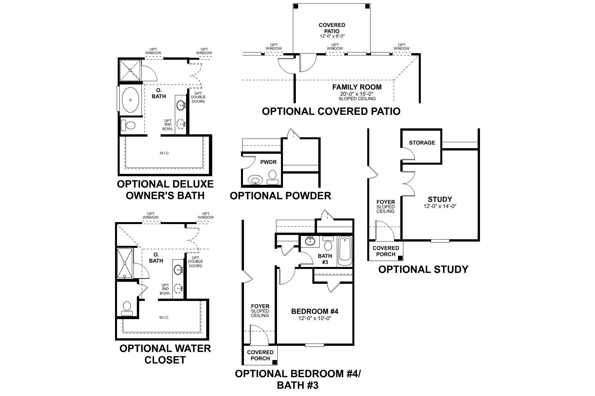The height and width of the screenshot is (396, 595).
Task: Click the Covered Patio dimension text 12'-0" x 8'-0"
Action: [332, 36]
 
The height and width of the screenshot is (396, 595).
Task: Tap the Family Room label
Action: [357, 87]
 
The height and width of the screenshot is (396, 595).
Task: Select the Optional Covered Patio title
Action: [331, 111]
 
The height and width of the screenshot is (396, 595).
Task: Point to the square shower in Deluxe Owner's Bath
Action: [130, 70]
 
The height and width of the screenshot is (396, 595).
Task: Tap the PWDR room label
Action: [268, 162]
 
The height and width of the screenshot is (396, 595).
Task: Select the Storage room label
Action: [422, 143]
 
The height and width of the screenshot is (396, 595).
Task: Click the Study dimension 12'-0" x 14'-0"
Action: [440, 206]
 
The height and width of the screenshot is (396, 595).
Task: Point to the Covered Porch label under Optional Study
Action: [385, 251]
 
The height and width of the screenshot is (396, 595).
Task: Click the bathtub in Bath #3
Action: [345, 251]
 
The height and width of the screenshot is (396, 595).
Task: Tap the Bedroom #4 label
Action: [314, 311]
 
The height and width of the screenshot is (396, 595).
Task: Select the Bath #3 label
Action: [325, 259]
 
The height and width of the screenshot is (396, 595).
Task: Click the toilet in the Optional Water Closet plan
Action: [126, 308]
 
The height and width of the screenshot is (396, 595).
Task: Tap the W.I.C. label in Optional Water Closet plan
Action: [164, 317]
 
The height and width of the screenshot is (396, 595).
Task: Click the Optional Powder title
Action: [280, 196]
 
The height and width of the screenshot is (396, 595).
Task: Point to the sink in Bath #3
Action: [310, 241]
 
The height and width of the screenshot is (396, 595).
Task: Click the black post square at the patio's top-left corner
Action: [296, 6]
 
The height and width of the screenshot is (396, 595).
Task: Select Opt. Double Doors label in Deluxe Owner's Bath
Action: [198, 97]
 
